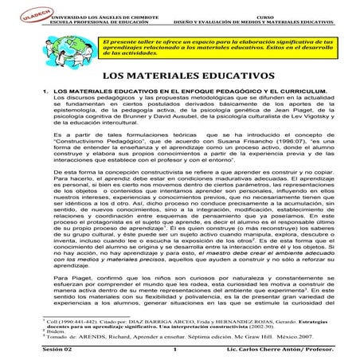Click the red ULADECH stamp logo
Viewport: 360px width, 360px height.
pyautogui.click(x=17, y=10)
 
